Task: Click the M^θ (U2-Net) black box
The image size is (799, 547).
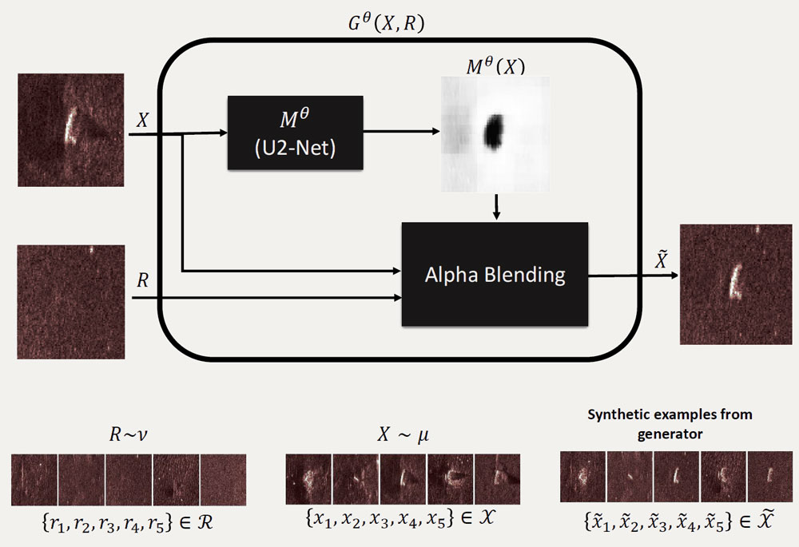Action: (295, 132)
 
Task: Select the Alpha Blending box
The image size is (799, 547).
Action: (495, 274)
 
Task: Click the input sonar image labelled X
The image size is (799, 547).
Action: (71, 130)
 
